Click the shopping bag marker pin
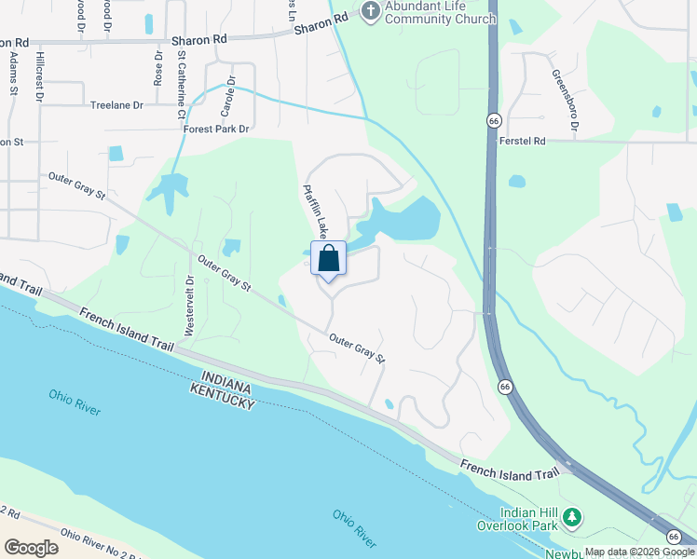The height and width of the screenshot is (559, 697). click(x=330, y=259)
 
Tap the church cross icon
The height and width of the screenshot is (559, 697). click(x=370, y=11)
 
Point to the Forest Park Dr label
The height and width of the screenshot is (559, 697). click(x=217, y=130)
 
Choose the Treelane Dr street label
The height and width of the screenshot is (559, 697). click(x=116, y=105)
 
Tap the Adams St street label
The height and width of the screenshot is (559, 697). click(x=14, y=72)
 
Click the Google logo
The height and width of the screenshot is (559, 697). click(x=31, y=548)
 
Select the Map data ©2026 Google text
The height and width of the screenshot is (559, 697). click(x=639, y=552)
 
